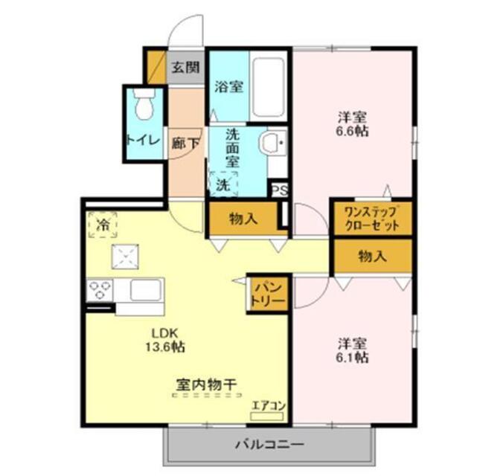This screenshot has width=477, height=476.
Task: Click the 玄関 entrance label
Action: (186, 68)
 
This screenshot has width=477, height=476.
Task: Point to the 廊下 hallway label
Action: (185, 144)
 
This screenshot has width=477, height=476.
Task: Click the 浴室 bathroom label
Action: (228, 86)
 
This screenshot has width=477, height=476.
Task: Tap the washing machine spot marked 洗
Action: (223, 183)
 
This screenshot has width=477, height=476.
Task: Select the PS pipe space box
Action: (278, 190)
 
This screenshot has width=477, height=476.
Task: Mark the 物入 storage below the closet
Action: (372, 257)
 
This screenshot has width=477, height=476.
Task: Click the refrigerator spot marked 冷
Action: (102, 223)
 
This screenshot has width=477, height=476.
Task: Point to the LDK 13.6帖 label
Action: (169, 339)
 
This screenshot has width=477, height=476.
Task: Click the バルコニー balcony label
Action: (269, 445)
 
